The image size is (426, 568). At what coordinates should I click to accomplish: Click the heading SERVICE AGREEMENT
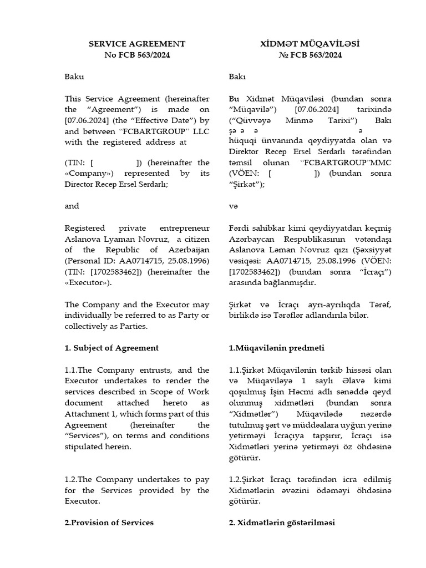(x=137, y=44)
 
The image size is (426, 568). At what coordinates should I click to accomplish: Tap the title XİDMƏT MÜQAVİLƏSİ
(x=310, y=44)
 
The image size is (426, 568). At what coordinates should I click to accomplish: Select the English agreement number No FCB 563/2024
(x=137, y=55)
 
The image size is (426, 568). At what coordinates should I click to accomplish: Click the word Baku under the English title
(x=74, y=77)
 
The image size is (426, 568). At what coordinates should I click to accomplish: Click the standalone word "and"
(x=72, y=206)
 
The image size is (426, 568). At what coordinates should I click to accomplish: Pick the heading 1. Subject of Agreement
(x=111, y=348)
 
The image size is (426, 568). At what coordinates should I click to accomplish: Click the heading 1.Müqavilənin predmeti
(x=276, y=348)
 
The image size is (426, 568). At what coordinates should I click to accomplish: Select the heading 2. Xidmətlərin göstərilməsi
(x=282, y=523)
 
